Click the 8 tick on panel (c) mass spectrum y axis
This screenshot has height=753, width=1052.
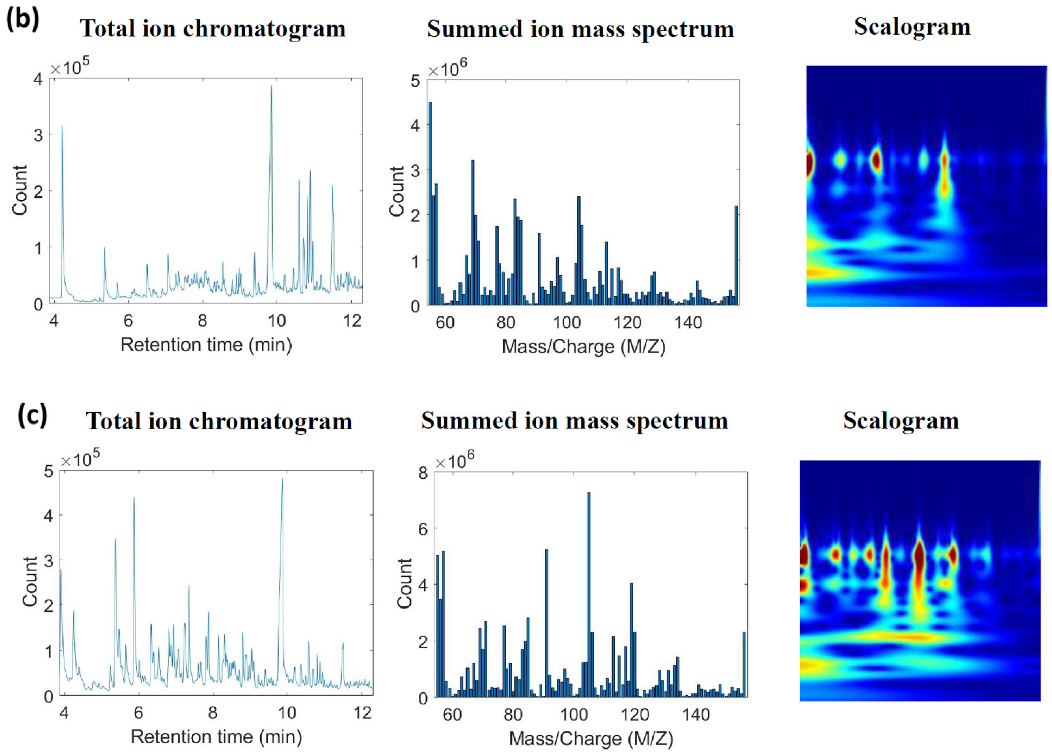click(423, 473)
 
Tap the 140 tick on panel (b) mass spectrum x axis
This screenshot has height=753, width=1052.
click(688, 322)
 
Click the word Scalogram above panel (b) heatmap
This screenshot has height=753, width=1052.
click(912, 27)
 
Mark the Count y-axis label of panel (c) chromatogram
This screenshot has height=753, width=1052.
click(30, 581)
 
